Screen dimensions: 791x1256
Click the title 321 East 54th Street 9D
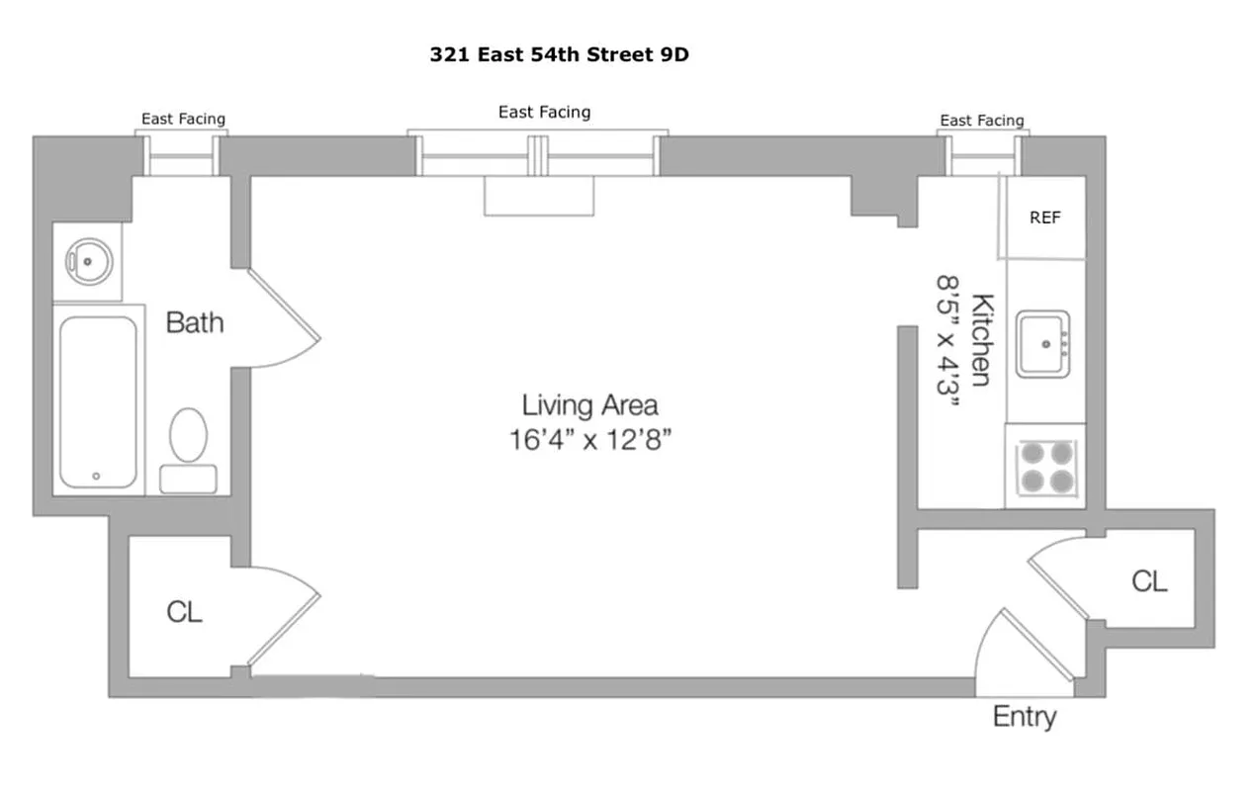[x=559, y=55]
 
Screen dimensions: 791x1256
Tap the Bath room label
[x=194, y=322]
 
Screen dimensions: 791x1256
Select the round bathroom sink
[x=87, y=261]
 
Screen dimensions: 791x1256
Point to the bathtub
[x=97, y=400]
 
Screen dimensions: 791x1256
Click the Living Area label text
[x=589, y=404]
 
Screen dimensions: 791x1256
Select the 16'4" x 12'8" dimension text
[x=590, y=438]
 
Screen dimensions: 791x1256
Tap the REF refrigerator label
[x=1044, y=218]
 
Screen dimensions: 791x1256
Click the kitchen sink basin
[x=1043, y=343]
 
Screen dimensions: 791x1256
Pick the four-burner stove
[x=1046, y=467]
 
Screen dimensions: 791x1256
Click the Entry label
[x=1024, y=717]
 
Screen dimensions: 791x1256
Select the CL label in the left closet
[x=184, y=612]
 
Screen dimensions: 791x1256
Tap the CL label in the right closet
[x=1148, y=581]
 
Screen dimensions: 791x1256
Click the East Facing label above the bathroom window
[x=183, y=119]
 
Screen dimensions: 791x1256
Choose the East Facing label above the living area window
[x=544, y=113]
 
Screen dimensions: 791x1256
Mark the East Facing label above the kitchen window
[x=981, y=121]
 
